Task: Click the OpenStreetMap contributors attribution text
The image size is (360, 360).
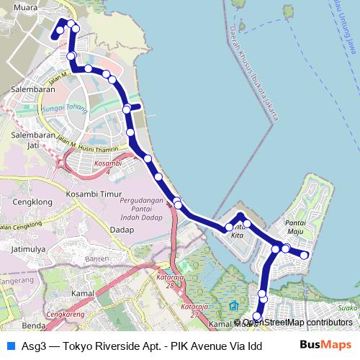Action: [297, 322]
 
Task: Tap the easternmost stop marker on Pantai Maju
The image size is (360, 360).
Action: [304, 255]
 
